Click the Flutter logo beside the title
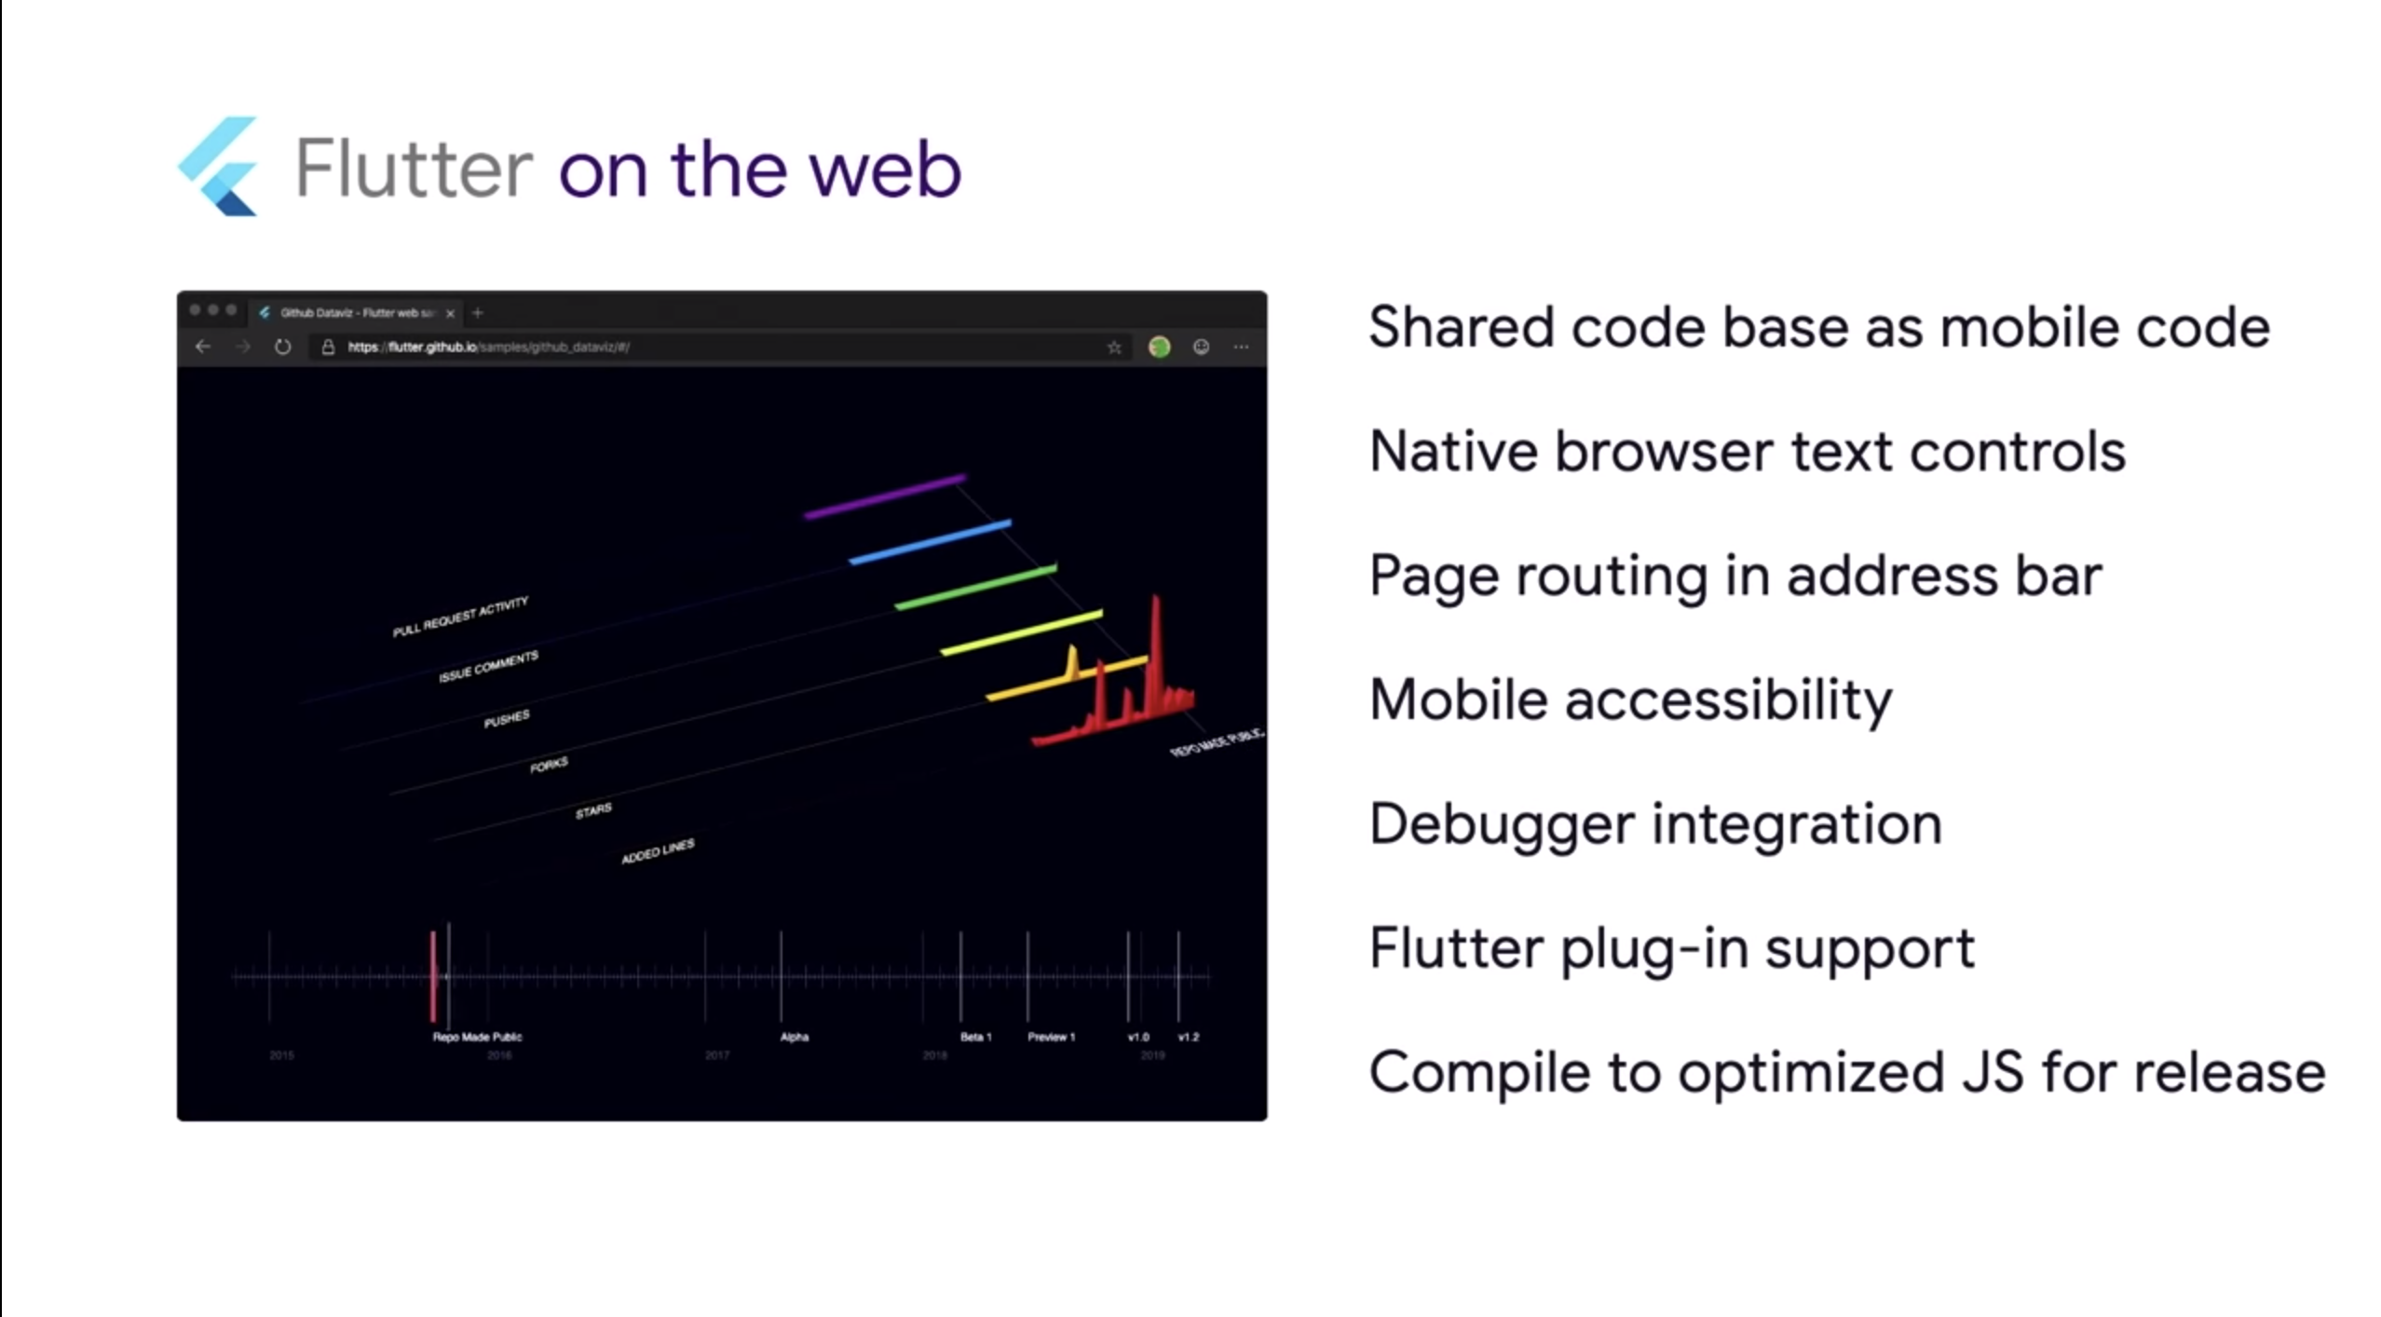tap(220, 168)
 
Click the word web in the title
tap(884, 170)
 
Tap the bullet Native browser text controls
tap(1747, 452)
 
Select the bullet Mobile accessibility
tap(1630, 699)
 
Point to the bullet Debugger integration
tap(1655, 824)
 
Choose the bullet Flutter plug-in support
tap(1671, 948)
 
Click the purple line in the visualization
tap(885, 496)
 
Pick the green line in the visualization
tap(975, 586)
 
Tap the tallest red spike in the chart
tap(1156, 643)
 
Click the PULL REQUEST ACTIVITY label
tap(460, 617)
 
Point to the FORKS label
tap(549, 766)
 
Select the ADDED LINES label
tap(658, 851)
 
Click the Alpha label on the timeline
tap(795, 1037)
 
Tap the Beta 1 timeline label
tap(975, 1037)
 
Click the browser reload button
tap(283, 347)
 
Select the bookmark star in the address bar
tap(1114, 347)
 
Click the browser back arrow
tap(203, 347)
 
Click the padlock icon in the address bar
tap(328, 347)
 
